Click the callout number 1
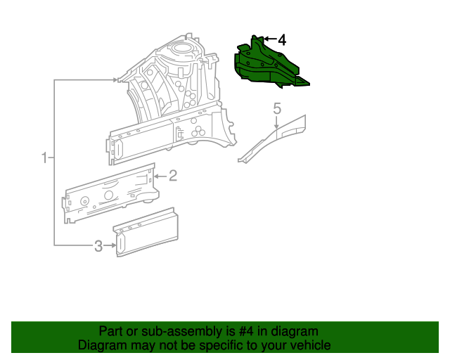click(x=44, y=158)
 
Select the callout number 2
click(x=173, y=175)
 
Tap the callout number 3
click(x=98, y=246)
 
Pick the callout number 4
click(x=282, y=40)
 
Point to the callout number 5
click(x=277, y=109)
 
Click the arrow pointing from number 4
click(x=270, y=39)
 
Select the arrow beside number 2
click(x=160, y=176)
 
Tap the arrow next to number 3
click(x=110, y=245)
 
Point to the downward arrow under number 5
click(x=276, y=122)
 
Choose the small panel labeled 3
click(x=146, y=232)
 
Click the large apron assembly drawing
click(x=172, y=101)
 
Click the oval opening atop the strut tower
click(x=181, y=48)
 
